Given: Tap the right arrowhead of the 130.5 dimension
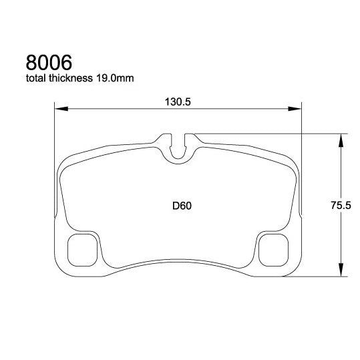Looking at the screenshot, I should tap(297, 109).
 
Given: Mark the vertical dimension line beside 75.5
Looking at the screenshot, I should tap(341, 174).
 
